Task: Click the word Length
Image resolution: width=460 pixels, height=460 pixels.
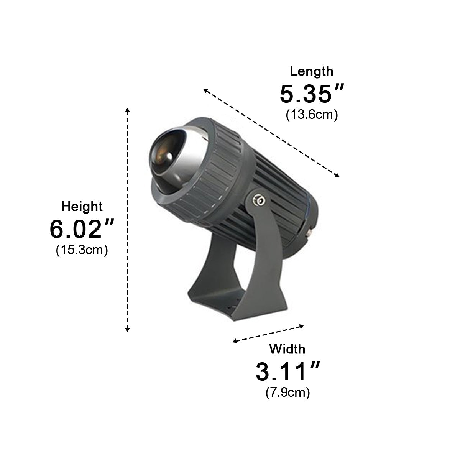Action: [311, 71]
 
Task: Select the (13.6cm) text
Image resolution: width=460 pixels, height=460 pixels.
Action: [311, 115]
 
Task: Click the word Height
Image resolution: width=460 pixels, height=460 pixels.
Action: [82, 207]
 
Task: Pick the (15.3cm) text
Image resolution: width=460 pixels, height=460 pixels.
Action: [82, 250]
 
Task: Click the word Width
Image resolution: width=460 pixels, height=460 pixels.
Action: [287, 349]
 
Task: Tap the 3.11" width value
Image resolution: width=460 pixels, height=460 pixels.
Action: [287, 372]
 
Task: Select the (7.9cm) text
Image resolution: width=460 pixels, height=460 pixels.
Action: [287, 393]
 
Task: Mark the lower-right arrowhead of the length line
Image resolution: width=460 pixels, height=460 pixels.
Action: [337, 176]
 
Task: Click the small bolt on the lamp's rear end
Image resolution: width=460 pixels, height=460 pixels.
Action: [309, 232]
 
